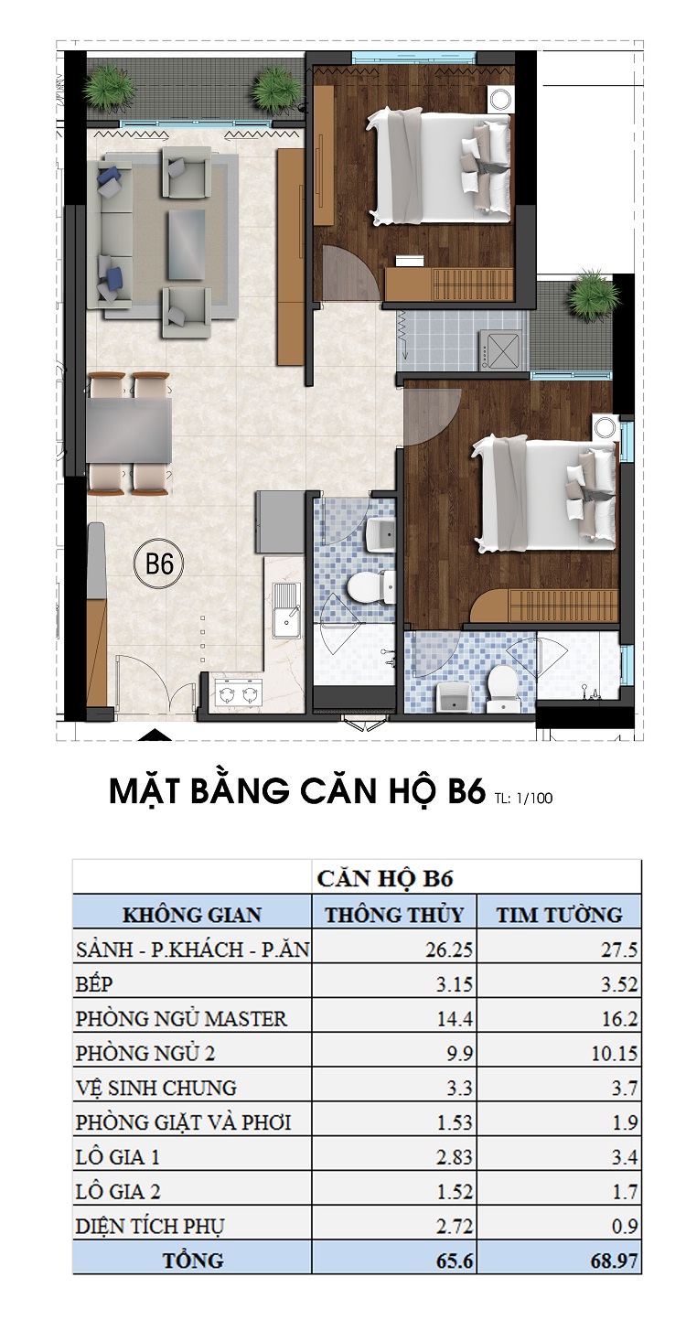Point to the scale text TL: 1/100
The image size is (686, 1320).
click(522, 798)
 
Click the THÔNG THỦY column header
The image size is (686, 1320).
click(394, 914)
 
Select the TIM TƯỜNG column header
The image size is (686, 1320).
click(559, 914)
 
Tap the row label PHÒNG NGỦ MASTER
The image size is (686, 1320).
click(182, 1018)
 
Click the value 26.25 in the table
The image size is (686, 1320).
click(451, 950)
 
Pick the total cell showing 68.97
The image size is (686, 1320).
click(614, 1261)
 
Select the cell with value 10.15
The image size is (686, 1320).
click(614, 1053)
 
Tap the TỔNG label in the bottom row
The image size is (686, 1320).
click(192, 1261)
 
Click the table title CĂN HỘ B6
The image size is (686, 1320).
click(385, 879)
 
